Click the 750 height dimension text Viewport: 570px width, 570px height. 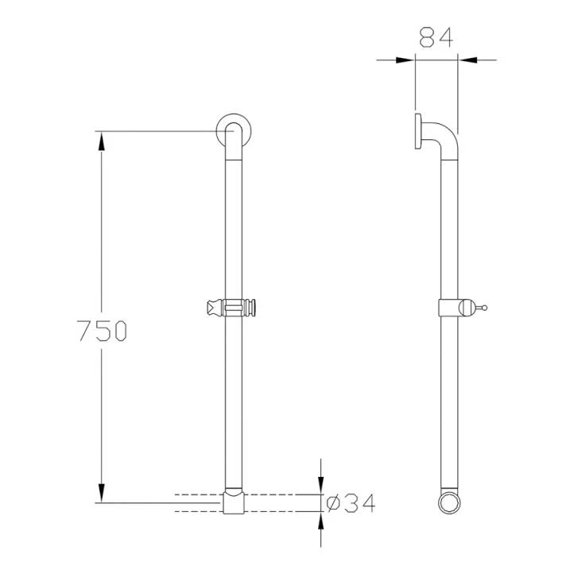pos(100,330)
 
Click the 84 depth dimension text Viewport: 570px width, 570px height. pos(436,37)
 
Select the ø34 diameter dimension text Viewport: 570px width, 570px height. pos(351,503)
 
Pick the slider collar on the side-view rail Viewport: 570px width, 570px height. pos(451,307)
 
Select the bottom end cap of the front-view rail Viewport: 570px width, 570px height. pos(233,502)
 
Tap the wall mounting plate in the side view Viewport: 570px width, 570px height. pos(417,131)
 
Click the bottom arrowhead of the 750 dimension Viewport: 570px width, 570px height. pos(100,494)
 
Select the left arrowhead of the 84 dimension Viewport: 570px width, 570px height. pos(406,58)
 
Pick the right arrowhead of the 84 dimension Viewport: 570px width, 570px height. pos(467,58)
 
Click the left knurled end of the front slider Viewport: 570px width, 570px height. pos(214,308)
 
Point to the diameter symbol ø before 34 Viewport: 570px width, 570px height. pos(334,503)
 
